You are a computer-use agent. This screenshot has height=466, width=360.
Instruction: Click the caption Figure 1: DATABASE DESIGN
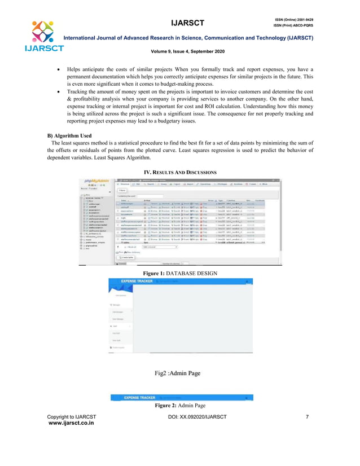tap(179, 272)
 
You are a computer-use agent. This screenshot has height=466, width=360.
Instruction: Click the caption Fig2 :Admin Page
tap(179, 373)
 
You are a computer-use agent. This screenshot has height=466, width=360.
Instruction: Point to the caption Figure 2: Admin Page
tap(179, 406)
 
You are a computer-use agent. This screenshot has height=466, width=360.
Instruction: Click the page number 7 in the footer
tap(306, 417)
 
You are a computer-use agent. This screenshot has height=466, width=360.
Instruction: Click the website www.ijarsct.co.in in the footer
tap(71, 423)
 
